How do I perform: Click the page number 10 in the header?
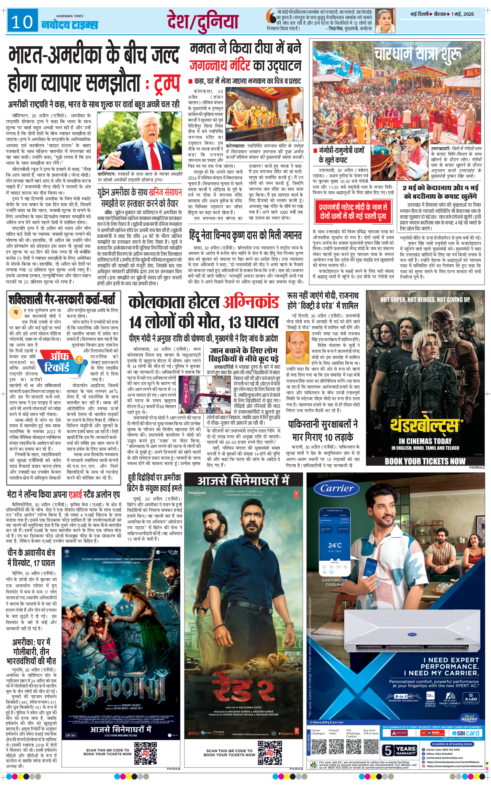(22, 22)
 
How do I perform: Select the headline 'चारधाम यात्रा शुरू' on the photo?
(417, 55)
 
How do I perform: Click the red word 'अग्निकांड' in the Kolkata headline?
(251, 302)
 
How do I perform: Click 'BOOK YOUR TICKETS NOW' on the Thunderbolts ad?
(425, 461)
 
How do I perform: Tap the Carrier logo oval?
(337, 488)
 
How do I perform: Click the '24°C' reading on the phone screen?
(334, 545)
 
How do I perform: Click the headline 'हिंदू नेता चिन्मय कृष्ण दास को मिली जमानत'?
(245, 236)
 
